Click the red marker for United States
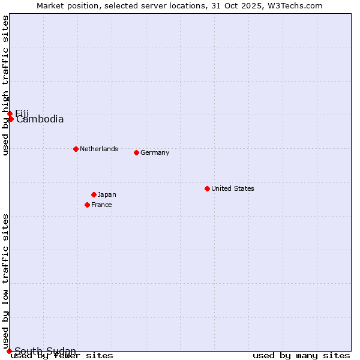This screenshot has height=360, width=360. tap(207, 188)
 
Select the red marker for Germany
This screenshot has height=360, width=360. tap(136, 152)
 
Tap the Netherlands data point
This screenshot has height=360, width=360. tap(76, 149)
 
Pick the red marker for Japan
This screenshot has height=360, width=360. tap(94, 194)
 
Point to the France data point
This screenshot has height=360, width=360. tap(87, 205)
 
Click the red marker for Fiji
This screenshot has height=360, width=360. tap(10, 113)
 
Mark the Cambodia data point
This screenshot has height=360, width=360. tap(11, 119)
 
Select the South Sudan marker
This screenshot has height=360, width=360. tap(9, 351)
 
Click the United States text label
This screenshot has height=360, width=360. tap(233, 188)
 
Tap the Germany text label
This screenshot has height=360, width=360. tap(155, 152)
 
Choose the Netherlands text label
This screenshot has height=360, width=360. tap(99, 149)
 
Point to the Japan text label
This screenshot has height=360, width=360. tap(107, 194)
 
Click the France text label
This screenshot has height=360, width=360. tap(101, 205)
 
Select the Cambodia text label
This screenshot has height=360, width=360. tap(40, 119)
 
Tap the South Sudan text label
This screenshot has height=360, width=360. tap(45, 351)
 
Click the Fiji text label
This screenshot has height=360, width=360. tap(22, 113)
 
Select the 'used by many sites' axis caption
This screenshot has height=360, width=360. tap(301, 356)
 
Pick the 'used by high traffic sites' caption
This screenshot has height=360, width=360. tap(5, 85)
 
